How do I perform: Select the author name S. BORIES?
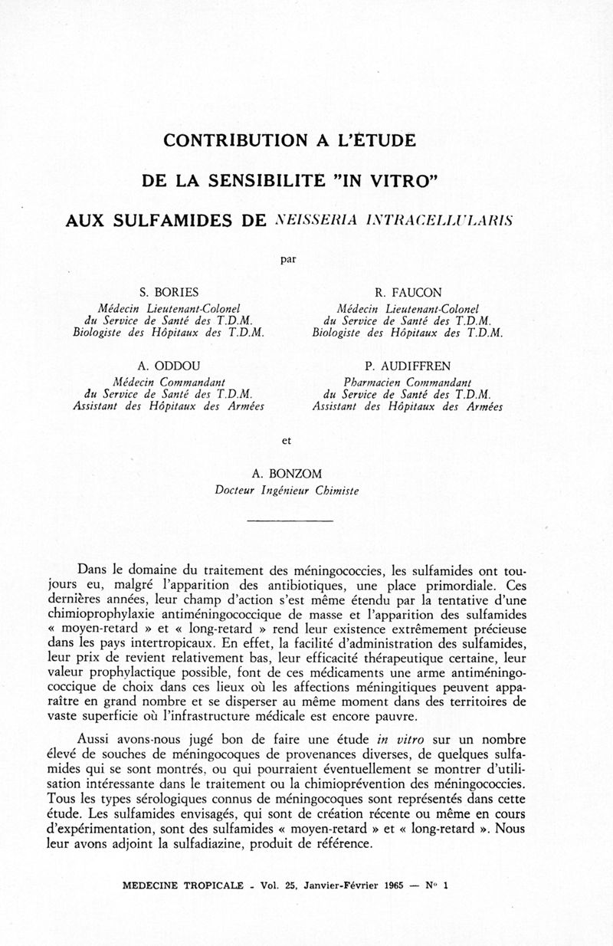coord(168,292)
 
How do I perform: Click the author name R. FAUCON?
coord(408,292)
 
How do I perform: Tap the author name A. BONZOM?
coord(287,475)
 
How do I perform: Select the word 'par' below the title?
coord(288,259)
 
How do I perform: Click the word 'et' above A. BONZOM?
coord(287,441)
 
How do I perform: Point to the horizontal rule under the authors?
coord(291,521)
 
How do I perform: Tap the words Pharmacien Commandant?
coord(407,382)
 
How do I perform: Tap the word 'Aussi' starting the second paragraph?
coord(95,740)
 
